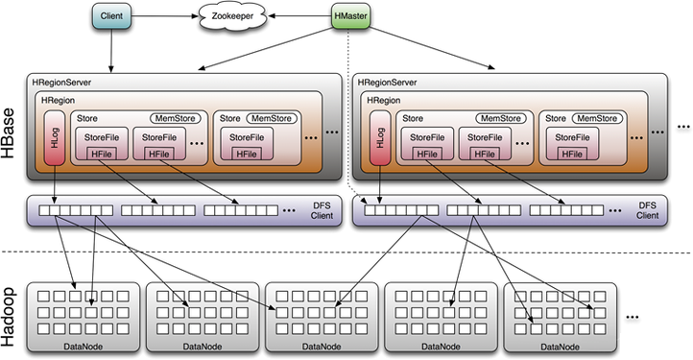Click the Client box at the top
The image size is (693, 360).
(x=112, y=15)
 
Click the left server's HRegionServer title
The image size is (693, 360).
(x=63, y=83)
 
